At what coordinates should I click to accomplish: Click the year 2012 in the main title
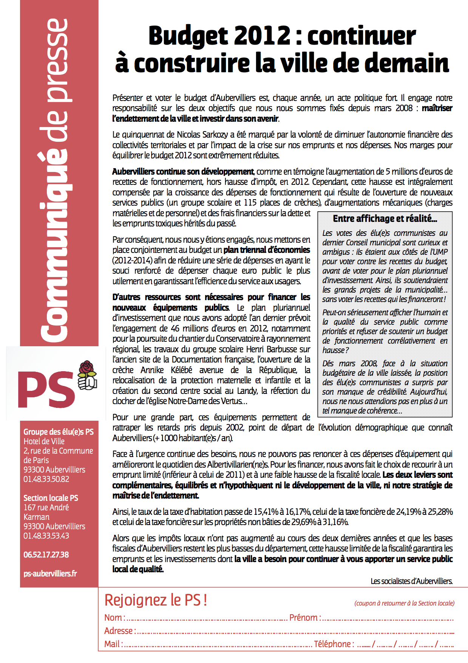(x=263, y=36)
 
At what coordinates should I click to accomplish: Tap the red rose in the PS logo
(x=87, y=369)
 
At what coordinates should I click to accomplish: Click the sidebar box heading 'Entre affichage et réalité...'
(x=385, y=218)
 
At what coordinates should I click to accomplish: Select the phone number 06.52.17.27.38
(x=46, y=555)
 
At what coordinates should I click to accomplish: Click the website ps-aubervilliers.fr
(x=50, y=573)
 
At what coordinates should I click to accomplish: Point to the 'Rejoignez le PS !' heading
(x=155, y=600)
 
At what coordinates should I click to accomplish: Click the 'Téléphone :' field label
(x=334, y=644)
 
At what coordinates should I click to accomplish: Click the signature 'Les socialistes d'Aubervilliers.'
(x=411, y=581)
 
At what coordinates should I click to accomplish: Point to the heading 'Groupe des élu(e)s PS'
(x=59, y=432)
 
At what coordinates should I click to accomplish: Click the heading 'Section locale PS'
(x=51, y=498)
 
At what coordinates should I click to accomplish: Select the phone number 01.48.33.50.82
(x=46, y=479)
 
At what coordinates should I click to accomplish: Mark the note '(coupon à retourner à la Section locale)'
(x=404, y=603)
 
